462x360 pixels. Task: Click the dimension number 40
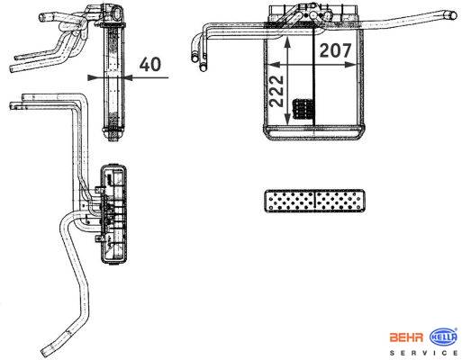[x=150, y=64]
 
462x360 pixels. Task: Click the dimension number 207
[x=335, y=50]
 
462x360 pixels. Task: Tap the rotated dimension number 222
[x=277, y=91]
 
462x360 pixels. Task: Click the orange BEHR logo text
[x=406, y=337]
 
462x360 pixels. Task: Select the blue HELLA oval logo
[x=444, y=337]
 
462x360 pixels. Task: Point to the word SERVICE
[x=424, y=353]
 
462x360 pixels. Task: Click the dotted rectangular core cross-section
[x=314, y=202]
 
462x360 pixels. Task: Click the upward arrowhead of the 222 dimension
[x=287, y=42]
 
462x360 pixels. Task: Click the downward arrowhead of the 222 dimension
[x=287, y=119]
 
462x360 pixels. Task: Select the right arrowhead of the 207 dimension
[x=350, y=65]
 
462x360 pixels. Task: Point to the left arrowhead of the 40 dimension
[x=94, y=77]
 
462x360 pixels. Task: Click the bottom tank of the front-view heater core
[x=314, y=132]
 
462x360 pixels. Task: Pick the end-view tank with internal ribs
[x=113, y=214]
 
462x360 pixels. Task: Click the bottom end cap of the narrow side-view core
[x=113, y=134]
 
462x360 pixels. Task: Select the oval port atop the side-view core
[x=117, y=14]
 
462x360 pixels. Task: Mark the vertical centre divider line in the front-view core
[x=314, y=76]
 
